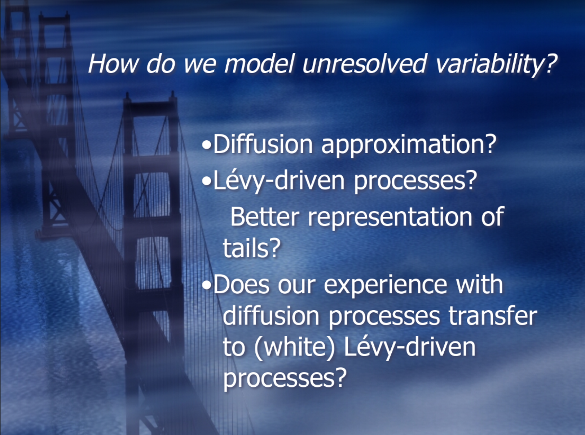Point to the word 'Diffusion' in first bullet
[263, 144]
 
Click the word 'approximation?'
[409, 145]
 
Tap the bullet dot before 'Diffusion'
[207, 145]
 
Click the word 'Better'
[264, 217]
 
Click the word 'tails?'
[251, 248]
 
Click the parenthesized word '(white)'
[295, 347]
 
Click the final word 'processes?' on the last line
[285, 379]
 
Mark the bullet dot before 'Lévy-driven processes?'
[207, 181]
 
